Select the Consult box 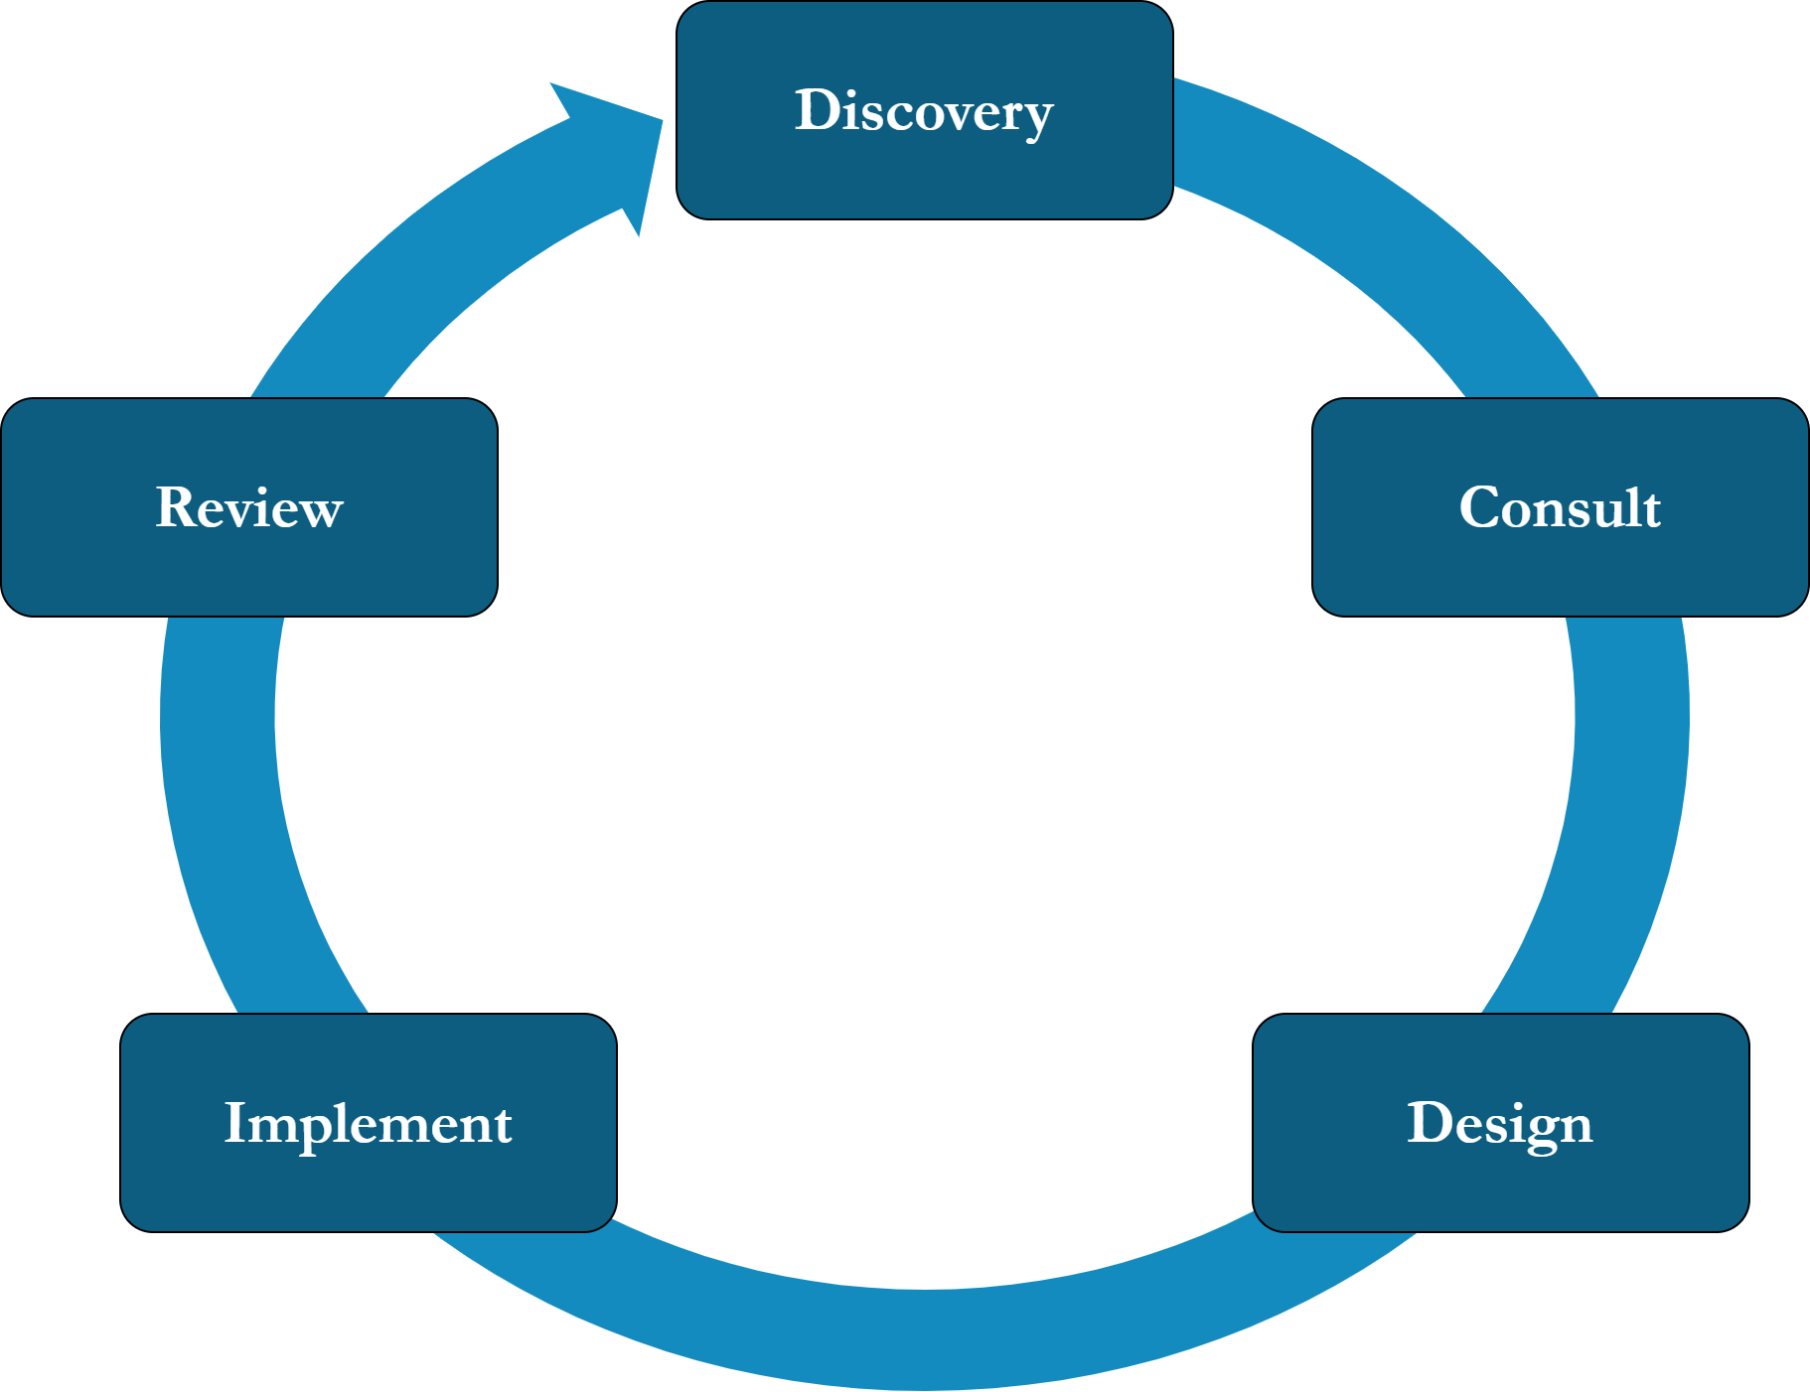(1560, 566)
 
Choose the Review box (248, 566)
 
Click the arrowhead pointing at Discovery (621, 149)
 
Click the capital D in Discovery (817, 110)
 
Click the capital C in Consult (1479, 507)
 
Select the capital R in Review (175, 507)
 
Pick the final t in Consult (1650, 509)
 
